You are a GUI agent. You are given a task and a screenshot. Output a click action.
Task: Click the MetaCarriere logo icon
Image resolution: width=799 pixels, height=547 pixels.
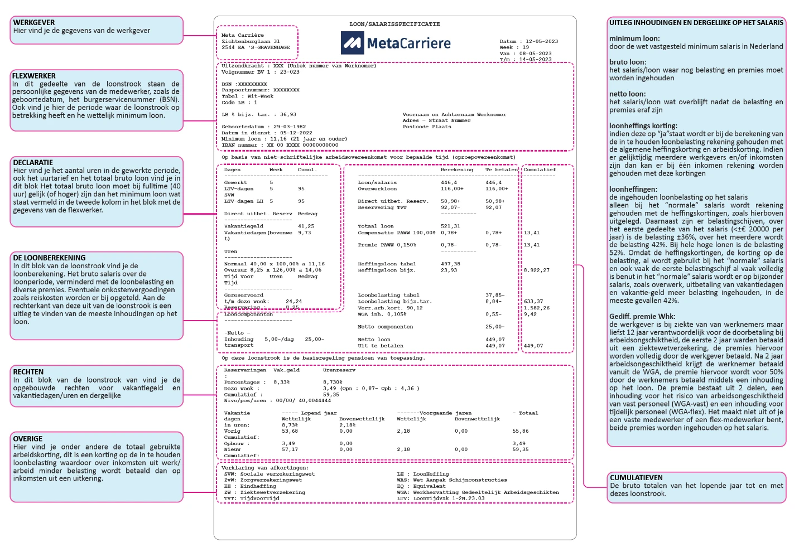pyautogui.click(x=352, y=43)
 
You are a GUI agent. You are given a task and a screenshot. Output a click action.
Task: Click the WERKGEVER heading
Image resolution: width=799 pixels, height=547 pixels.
pyautogui.click(x=34, y=23)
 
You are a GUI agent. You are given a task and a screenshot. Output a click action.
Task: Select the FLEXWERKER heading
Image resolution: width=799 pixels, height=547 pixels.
pyautogui.click(x=34, y=76)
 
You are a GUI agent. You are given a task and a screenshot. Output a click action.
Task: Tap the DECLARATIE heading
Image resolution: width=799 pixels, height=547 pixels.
pyautogui.click(x=33, y=163)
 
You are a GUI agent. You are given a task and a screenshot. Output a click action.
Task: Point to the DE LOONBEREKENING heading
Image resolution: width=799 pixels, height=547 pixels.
pyautogui.click(x=50, y=258)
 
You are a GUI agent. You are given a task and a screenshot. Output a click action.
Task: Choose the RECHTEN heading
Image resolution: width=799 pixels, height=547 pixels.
pyautogui.click(x=28, y=372)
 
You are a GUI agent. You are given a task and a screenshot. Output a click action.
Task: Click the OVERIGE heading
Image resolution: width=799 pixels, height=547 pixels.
pyautogui.click(x=28, y=439)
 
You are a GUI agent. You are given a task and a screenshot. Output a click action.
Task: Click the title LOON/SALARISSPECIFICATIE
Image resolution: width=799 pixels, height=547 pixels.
pyautogui.click(x=394, y=25)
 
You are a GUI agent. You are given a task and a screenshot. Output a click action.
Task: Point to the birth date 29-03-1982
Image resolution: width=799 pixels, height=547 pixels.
pyautogui.click(x=290, y=127)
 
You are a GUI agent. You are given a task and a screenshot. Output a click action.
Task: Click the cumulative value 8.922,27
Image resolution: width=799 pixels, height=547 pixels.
pyautogui.click(x=536, y=270)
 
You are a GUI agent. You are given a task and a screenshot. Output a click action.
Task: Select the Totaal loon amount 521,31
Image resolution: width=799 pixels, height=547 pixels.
pyautogui.click(x=450, y=226)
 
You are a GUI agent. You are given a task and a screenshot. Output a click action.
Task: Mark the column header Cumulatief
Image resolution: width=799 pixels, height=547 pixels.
pyautogui.click(x=540, y=170)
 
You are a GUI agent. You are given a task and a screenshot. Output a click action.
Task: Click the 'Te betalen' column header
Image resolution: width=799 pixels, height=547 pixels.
pyautogui.click(x=502, y=170)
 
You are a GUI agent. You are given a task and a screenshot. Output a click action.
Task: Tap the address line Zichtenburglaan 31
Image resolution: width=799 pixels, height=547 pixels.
pyautogui.click(x=251, y=41)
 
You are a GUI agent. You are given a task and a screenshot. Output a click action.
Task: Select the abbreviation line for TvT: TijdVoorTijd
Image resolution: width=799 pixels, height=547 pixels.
pyautogui.click(x=252, y=498)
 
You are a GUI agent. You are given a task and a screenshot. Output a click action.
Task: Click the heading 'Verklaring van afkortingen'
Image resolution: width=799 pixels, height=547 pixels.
pyautogui.click(x=264, y=468)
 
